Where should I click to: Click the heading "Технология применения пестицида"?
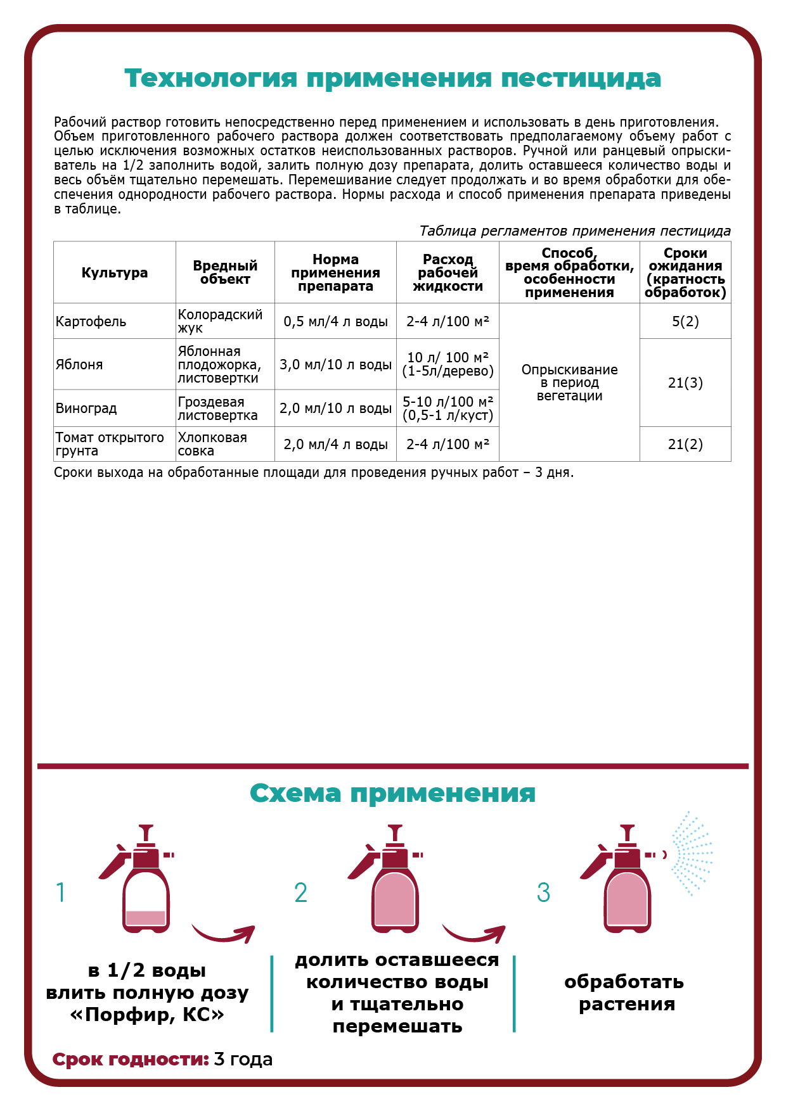tap(392, 79)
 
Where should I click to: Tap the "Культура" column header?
tap(114, 273)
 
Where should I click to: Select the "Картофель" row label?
tap(91, 322)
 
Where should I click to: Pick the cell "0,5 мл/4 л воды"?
tap(335, 322)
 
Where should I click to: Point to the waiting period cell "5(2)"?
tap(685, 322)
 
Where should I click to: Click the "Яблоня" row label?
tap(79, 365)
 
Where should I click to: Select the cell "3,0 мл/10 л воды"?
tap(335, 365)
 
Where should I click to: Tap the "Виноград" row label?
tap(86, 409)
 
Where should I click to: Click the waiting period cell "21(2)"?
tap(685, 445)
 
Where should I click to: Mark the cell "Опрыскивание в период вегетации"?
tap(569, 383)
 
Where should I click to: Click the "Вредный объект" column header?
tap(225, 273)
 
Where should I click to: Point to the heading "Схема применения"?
tap(392, 794)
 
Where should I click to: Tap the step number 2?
tap(300, 893)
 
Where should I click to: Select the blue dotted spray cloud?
tap(692, 853)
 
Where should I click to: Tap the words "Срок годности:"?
tap(131, 1059)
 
